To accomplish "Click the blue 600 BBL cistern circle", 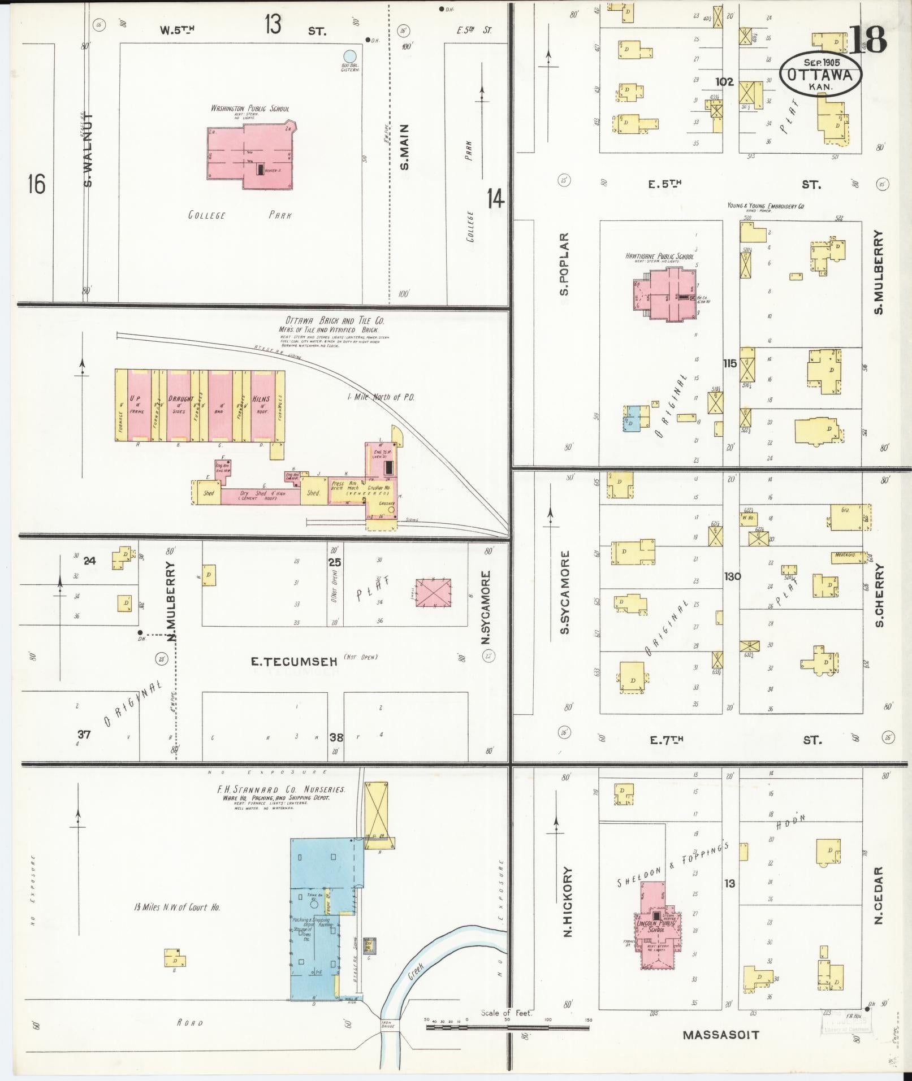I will (x=350, y=57).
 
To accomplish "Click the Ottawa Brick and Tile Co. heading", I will (x=327, y=320).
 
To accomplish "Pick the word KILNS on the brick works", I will (x=261, y=399).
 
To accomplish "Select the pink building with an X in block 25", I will (x=433, y=592).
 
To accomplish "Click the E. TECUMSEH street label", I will (x=295, y=660).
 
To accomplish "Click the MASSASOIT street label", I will (x=720, y=1035).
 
